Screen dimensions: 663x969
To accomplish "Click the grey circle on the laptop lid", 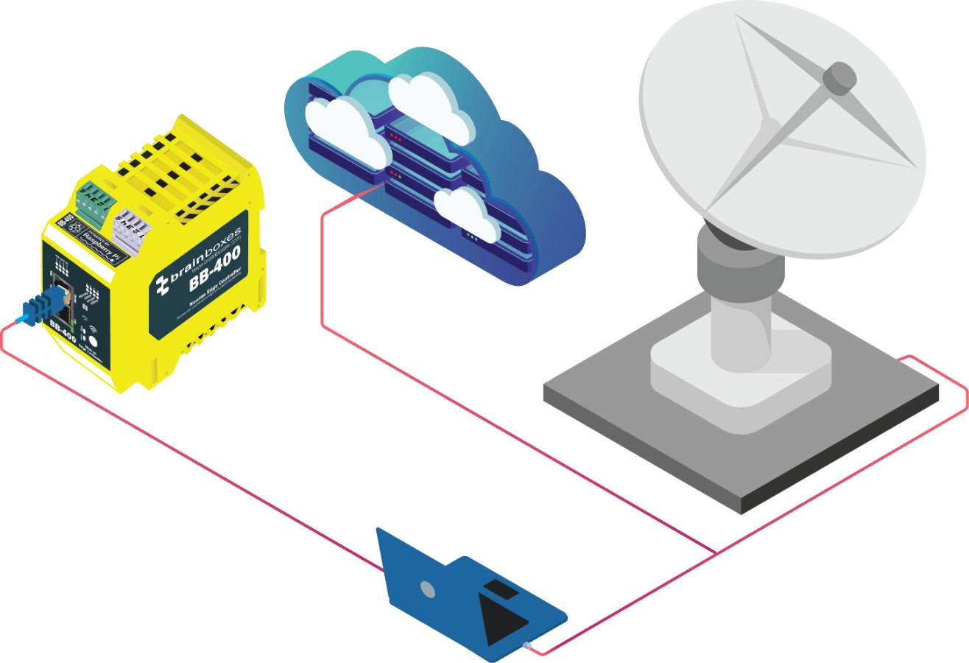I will [427, 589].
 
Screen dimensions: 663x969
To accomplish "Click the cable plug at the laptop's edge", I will [527, 646].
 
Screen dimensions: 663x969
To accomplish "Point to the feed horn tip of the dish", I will [840, 76].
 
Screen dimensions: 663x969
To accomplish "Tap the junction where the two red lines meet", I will [716, 552].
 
